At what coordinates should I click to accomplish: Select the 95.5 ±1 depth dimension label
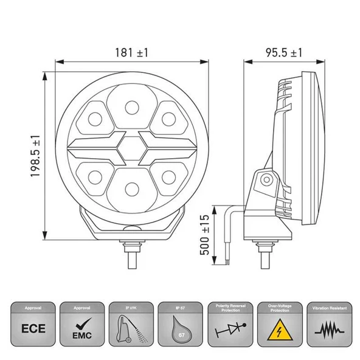coord(283,53)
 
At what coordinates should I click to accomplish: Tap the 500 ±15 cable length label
coord(205,235)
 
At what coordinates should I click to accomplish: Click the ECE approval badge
coord(33,329)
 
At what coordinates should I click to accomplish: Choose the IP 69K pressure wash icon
coord(131,329)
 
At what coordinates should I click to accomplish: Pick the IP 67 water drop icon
coord(179,329)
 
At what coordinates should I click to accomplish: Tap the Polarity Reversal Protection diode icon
coord(229,329)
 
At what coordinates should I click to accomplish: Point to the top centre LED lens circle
coord(131,108)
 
